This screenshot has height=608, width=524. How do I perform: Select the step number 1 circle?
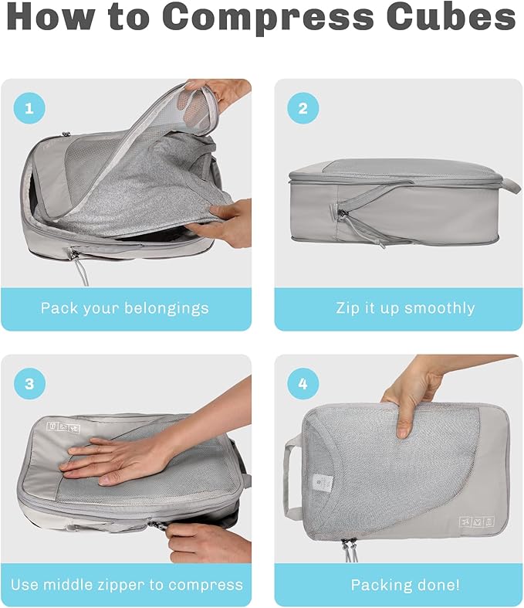tap(29, 109)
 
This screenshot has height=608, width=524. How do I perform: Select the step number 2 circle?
tap(303, 109)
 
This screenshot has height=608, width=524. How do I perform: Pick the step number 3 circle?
tap(29, 384)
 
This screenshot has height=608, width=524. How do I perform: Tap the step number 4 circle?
tap(303, 384)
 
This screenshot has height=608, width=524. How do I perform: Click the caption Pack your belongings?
tap(125, 308)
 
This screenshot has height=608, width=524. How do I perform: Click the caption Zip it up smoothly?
tap(405, 308)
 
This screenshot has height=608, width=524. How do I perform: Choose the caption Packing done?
tap(405, 585)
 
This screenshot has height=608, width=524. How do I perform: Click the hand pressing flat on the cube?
tap(116, 457)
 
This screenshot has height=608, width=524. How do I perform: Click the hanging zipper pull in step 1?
tap(80, 267)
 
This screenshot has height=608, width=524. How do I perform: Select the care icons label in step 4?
tap(475, 523)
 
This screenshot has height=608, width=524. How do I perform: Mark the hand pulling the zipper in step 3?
tap(205, 541)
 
